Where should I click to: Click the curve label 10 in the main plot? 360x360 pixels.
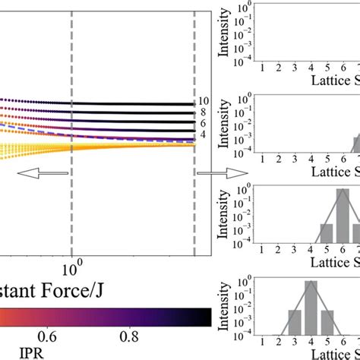pyautogui.click(x=204, y=101)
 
